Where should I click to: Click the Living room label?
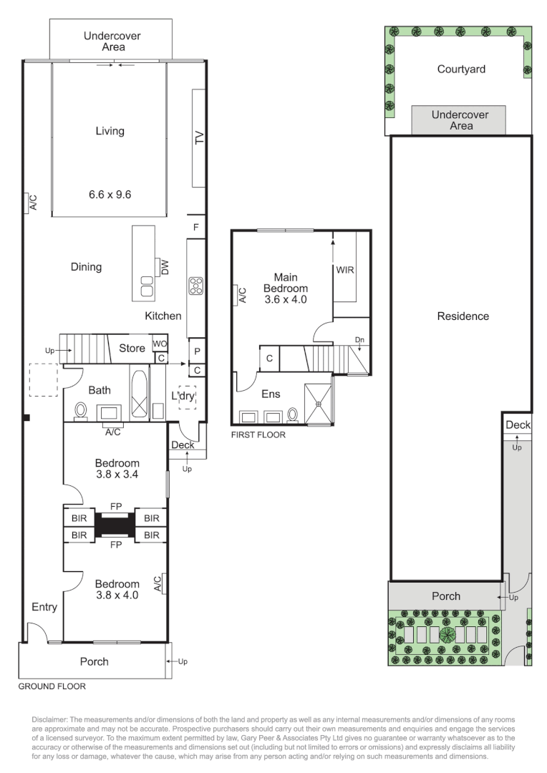[110, 131]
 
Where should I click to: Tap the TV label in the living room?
[199, 138]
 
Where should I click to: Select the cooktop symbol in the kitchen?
[196, 286]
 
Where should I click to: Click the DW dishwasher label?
[165, 268]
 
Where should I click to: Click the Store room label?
[132, 349]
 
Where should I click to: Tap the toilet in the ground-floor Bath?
[81, 412]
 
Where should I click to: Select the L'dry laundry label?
[182, 396]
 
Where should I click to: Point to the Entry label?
[44, 607]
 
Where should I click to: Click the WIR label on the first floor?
[345, 270]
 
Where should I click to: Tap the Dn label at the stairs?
[359, 340]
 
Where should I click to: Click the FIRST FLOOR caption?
[258, 434]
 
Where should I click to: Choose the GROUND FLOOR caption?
[52, 686]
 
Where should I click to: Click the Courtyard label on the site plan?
[461, 69]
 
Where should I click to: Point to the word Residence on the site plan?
[463, 316]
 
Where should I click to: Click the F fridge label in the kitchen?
[196, 226]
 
